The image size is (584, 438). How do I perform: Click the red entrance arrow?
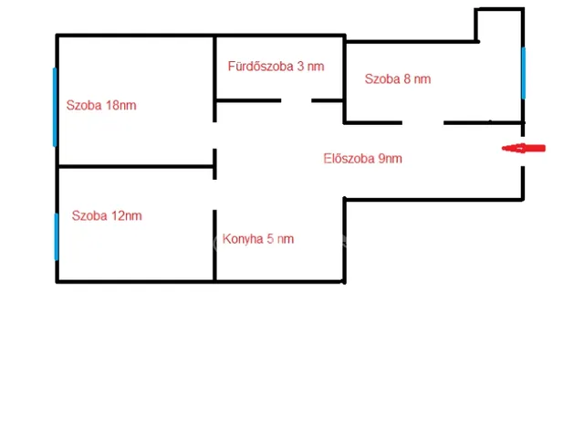523,148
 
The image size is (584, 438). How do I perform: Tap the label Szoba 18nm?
101,106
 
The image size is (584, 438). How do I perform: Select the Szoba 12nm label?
107,215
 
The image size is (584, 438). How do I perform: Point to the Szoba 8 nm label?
398,79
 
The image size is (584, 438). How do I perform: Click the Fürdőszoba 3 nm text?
276,67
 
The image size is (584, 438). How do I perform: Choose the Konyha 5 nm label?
258,239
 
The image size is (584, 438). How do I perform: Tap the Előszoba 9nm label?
363,159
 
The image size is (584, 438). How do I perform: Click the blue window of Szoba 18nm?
55,107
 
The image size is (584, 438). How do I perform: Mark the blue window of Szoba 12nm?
57,236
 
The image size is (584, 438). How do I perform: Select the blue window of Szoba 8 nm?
523,73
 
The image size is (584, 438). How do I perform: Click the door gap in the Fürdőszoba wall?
297,100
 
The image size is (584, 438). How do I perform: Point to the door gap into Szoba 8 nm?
422,122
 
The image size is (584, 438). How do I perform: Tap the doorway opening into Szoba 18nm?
214,135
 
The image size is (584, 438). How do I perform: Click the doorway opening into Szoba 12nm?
214,194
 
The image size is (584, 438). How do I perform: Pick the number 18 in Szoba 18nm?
112,106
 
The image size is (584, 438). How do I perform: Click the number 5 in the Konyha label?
270,239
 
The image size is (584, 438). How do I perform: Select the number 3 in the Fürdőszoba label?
300,67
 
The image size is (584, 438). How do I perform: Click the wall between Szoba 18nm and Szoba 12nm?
136,166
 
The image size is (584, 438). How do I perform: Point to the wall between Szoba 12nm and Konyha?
214,245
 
